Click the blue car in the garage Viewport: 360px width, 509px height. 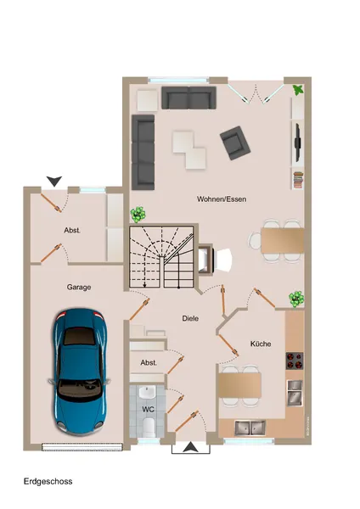tap(80, 372)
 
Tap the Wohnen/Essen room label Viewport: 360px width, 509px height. tap(222, 199)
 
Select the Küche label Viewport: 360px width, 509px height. tap(261, 344)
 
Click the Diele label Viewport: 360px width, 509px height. tap(190, 318)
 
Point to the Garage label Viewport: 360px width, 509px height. tap(79, 288)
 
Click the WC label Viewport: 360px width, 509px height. tap(148, 410)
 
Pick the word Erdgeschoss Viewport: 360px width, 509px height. tap(48, 481)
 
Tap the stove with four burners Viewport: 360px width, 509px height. tap(295, 361)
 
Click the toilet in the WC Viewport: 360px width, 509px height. tap(149, 427)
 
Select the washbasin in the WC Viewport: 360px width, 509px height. tap(148, 393)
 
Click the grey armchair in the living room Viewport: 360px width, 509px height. tap(235, 143)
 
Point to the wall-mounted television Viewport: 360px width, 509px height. tap(297, 143)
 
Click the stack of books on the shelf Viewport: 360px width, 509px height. tap(298, 180)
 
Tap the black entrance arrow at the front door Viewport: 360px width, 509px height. tap(191, 447)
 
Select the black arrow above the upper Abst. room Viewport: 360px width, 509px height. tap(54, 181)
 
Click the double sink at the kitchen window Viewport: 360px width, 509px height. tap(250, 428)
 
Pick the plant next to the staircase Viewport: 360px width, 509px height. tap(138, 215)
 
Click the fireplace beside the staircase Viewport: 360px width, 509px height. tap(205, 259)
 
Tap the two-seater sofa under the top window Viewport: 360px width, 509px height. tap(188, 98)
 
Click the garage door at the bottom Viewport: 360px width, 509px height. tap(82, 447)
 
